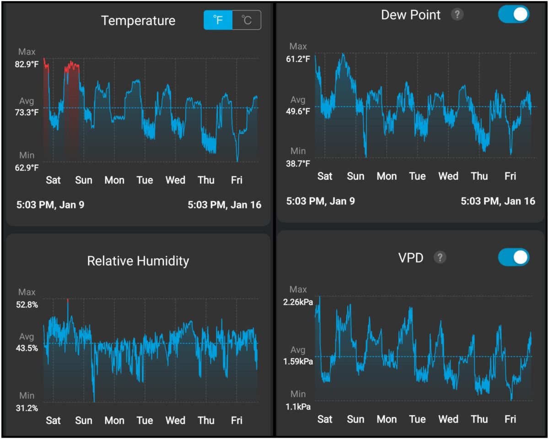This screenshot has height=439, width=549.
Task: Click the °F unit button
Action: [218, 21]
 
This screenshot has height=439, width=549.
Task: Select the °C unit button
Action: [247, 21]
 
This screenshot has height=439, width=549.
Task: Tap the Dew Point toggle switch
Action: [513, 14]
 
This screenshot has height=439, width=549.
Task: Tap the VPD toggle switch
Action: [513, 257]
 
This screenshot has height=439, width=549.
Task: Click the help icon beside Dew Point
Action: [457, 15]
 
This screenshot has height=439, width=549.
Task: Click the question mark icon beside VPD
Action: [440, 257]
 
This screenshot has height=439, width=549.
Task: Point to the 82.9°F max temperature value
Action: [27, 64]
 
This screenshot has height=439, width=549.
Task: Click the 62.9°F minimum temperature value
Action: [27, 167]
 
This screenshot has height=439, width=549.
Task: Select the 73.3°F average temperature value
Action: [27, 112]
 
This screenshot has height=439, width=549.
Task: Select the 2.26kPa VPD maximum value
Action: [298, 302]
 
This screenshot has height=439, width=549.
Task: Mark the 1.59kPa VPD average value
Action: [298, 362]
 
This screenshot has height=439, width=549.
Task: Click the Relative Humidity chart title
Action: [138, 261]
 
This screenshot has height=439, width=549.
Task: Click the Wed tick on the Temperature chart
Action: [175, 180]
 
